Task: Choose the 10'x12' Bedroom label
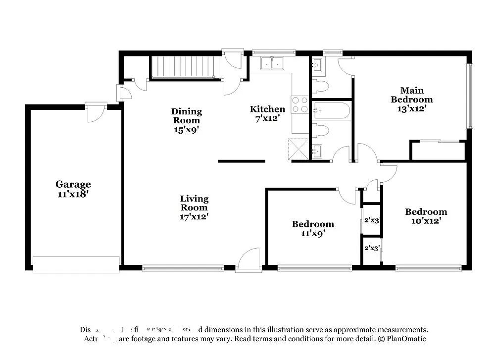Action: (x=426, y=216)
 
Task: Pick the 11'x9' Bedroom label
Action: (x=312, y=228)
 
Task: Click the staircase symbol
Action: (x=185, y=67)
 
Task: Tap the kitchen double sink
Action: (x=272, y=63)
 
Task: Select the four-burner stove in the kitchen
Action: (x=300, y=104)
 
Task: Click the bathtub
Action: (x=332, y=111)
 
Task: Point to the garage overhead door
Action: (x=76, y=264)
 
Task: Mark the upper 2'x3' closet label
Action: (x=371, y=220)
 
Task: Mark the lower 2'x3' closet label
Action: (x=371, y=248)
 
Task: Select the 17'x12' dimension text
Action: (x=194, y=216)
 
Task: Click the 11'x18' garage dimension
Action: (x=73, y=194)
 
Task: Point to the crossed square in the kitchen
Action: (x=298, y=149)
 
